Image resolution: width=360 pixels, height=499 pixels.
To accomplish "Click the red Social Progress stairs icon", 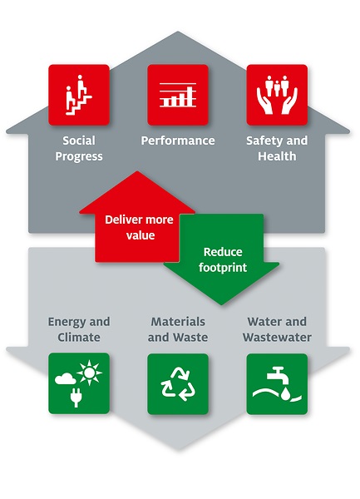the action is point(79,95).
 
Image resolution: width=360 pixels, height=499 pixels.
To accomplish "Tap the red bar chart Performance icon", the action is point(178,95).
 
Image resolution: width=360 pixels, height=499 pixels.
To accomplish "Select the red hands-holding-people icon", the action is point(277,95).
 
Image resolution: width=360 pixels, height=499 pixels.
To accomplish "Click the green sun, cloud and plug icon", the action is point(79,383).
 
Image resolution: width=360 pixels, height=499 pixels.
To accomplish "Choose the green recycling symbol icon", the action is point(178,383).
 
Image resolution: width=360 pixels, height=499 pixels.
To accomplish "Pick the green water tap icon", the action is point(277,383).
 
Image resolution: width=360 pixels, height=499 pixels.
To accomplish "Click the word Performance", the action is point(178,141).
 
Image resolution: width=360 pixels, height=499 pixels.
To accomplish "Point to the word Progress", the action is point(79,156).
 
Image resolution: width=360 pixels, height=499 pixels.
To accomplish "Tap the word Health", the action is point(277,156).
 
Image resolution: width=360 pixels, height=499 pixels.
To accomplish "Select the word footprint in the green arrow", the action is point(223,267).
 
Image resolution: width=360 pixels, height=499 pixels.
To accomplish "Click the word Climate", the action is point(79,337).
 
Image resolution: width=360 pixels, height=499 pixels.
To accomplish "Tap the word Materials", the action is point(178,321).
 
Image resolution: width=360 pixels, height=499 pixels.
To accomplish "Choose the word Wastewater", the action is point(277,337).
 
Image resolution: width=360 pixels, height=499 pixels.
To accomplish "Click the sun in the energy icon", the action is point(89,372).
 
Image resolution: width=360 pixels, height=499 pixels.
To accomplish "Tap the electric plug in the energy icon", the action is point(76,398).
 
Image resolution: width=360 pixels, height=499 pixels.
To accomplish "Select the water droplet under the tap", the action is point(285,394).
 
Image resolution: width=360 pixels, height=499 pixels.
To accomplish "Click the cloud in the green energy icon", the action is point(65,378).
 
